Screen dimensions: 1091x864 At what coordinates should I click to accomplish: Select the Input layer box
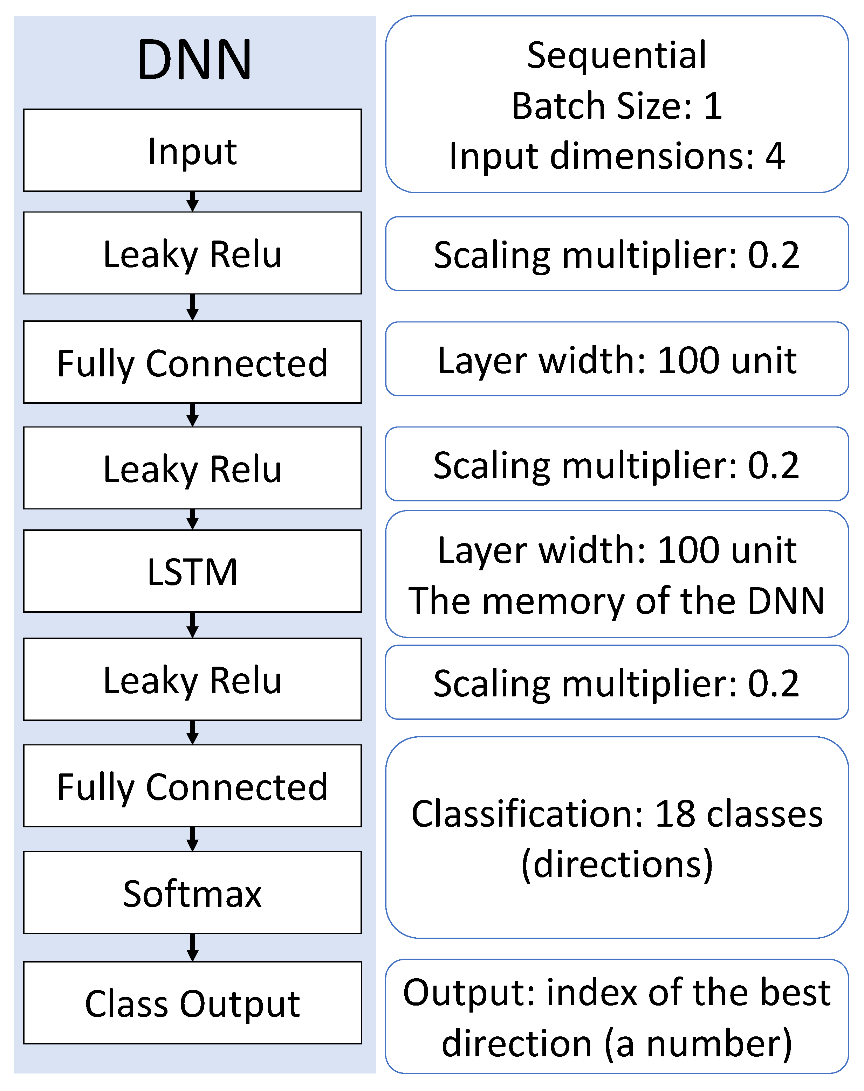pos(192,151)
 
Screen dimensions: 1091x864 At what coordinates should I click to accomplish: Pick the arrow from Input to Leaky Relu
pos(192,202)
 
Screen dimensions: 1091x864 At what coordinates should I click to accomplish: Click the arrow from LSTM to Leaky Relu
pos(192,625)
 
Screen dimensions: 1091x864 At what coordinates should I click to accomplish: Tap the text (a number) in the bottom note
pos(698,1043)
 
